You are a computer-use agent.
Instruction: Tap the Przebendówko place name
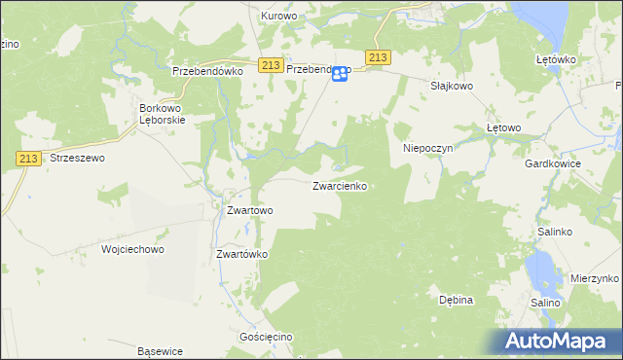(206, 71)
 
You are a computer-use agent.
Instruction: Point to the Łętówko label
(557, 59)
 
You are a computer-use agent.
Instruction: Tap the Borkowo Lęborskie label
(163, 113)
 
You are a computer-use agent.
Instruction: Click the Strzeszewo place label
(77, 157)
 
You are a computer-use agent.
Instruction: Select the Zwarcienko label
(339, 185)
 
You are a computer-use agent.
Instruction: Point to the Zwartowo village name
(249, 209)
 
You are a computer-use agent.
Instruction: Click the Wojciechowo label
(133, 249)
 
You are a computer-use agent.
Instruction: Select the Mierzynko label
(596, 278)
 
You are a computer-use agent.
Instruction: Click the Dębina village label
(455, 300)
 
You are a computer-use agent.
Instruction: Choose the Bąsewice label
(161, 351)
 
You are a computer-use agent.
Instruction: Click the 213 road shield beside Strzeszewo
(26, 157)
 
